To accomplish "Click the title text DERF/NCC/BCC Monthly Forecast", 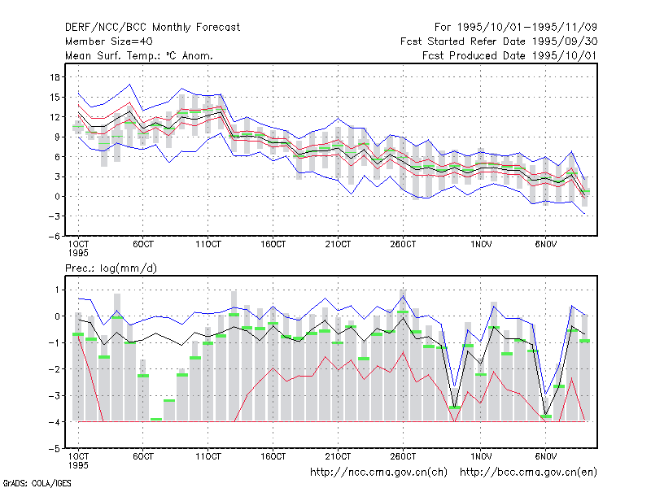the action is pyautogui.click(x=152, y=28).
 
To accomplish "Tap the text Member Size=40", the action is pyautogui.click(x=109, y=41).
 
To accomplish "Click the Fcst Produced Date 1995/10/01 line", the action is pyautogui.click(x=510, y=55).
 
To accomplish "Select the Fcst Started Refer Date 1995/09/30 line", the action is pyautogui.click(x=499, y=41).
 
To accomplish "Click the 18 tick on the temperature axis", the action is pyautogui.click(x=55, y=77).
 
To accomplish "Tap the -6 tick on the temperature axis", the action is pyautogui.click(x=54, y=236).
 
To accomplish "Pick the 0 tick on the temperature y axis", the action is pyautogui.click(x=57, y=196).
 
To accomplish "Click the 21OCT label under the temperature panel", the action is pyautogui.click(x=338, y=244).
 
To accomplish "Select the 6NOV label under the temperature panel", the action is pyautogui.click(x=545, y=244).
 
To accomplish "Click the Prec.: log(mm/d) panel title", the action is pyautogui.click(x=111, y=268).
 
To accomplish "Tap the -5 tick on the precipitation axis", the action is pyautogui.click(x=54, y=449).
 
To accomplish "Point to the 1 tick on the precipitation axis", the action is pyautogui.click(x=57, y=290).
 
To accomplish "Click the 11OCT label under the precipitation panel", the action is pyautogui.click(x=208, y=456).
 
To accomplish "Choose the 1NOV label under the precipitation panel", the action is pyautogui.click(x=481, y=456).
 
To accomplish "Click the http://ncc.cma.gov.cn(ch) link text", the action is pyautogui.click(x=378, y=473).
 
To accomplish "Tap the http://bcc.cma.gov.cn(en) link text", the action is pyautogui.click(x=528, y=473).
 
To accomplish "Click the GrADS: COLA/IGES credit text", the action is pyautogui.click(x=37, y=483).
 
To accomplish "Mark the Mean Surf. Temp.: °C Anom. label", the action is pyautogui.click(x=139, y=55).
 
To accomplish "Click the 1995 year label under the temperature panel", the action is pyautogui.click(x=78, y=253).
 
